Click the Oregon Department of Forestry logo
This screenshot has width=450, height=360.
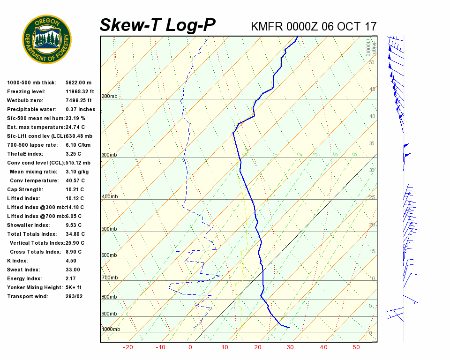(47, 39)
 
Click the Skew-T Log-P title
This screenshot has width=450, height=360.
(157, 25)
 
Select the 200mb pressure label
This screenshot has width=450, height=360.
(109, 97)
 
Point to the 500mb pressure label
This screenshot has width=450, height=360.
(109, 229)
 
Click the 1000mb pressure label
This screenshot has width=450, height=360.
(111, 330)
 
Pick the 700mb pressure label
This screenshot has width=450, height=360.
(109, 278)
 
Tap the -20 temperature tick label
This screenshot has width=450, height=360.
(127, 347)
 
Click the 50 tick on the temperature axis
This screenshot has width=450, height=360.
(356, 347)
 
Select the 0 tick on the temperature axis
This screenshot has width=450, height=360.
(190, 347)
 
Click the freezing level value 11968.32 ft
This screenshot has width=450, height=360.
(80, 91)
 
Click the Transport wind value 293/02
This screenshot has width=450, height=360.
(74, 296)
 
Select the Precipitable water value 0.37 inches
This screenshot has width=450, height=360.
(80, 109)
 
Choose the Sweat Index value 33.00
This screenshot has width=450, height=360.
(73, 270)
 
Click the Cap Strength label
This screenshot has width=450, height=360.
(25, 189)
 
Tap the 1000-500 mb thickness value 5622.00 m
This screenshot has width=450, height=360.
(78, 82)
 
